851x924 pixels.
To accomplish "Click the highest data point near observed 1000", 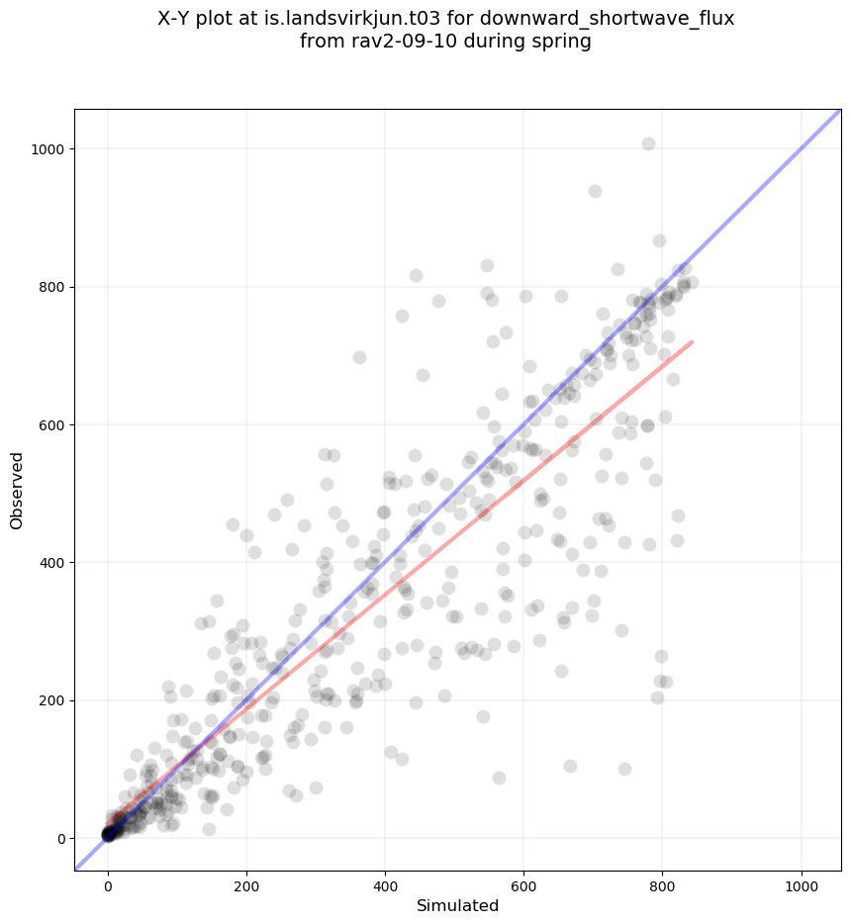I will pos(648,143).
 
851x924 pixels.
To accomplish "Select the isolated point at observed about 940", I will pos(595,191).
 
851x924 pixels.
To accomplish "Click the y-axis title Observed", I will pos(17,490).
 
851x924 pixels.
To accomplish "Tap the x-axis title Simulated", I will pos(457,905).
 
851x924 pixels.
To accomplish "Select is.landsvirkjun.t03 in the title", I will pos(360,19).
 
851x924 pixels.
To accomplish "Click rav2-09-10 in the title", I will pos(387,42).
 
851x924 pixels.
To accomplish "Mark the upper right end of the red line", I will pos(692,342).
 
